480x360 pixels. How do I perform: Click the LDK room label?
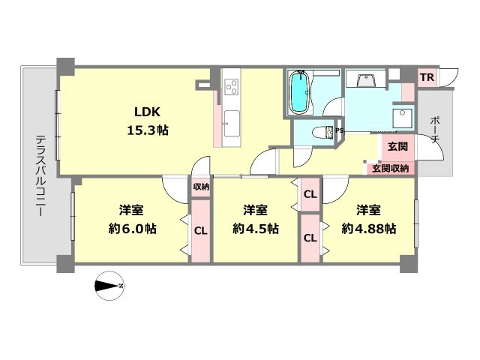147,112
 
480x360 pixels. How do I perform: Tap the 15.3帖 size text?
148,130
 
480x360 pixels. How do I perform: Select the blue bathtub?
300,92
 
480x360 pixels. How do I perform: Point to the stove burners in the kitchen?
232,86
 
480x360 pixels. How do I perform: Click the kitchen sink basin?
232,124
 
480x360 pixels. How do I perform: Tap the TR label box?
427,77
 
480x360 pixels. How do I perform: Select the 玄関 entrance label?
397,146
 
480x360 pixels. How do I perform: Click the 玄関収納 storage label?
390,168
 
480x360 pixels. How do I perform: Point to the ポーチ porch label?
435,130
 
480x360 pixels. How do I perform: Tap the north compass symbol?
109,286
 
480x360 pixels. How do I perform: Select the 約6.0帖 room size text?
132,228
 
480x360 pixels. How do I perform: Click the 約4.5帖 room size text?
255,228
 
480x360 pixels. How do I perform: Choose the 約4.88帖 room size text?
368,228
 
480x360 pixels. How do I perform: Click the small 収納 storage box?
201,187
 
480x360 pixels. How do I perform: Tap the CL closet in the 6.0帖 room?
201,231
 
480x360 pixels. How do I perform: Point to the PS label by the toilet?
340,130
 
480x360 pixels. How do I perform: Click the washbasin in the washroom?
365,80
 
